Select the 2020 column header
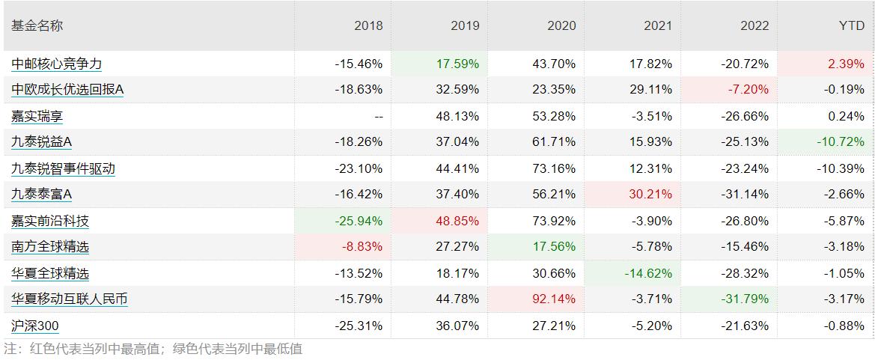pyautogui.click(x=561, y=25)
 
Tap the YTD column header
pyautogui.click(x=851, y=25)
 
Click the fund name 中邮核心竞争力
pyautogui.click(x=57, y=64)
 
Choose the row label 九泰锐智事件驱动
pyautogui.click(x=64, y=168)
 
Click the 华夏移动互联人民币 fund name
pyautogui.click(x=70, y=299)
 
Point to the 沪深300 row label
pyautogui.click(x=35, y=326)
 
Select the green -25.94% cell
pyautogui.click(x=359, y=221)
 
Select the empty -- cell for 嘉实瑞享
pyautogui.click(x=377, y=116)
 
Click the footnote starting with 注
pyautogui.click(x=153, y=349)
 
